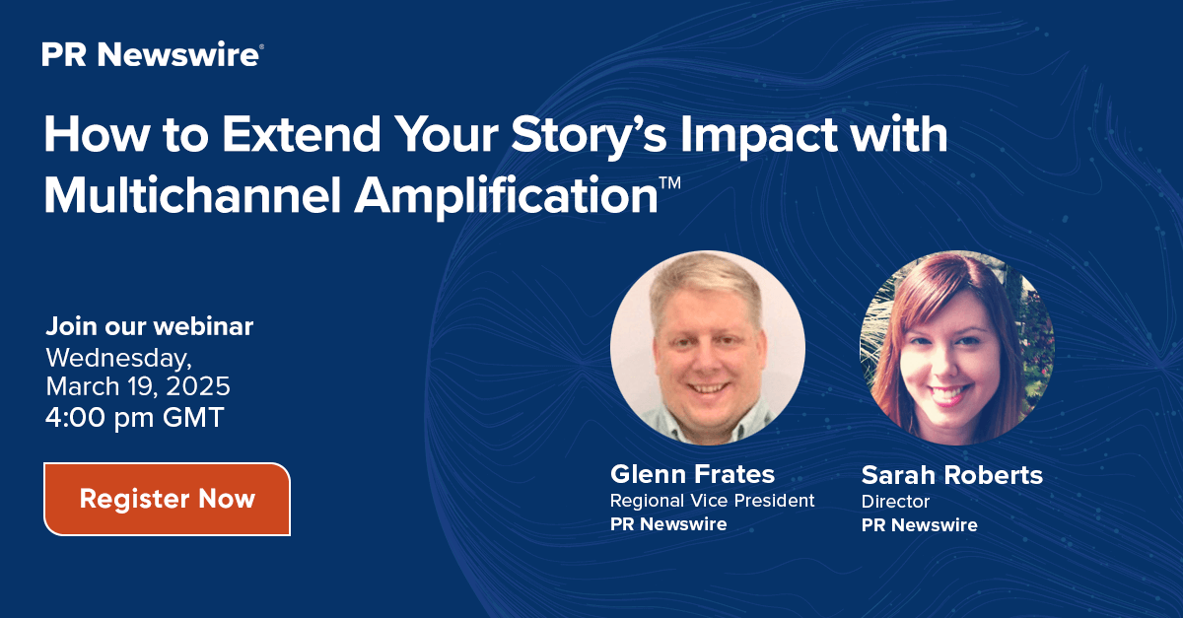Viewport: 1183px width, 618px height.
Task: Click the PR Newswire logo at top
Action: tap(153, 54)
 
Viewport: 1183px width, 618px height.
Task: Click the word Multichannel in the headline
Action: tap(192, 195)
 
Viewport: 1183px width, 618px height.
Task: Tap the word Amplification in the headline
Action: tap(506, 196)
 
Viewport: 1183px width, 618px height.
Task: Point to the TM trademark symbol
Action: tap(670, 182)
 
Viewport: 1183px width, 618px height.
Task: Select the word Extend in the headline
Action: tap(301, 135)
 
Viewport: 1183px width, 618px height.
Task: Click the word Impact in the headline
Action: tap(758, 136)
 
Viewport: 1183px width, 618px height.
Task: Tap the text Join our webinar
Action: tap(150, 326)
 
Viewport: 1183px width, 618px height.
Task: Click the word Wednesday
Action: tap(119, 358)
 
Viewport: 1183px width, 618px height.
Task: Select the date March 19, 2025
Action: tap(138, 386)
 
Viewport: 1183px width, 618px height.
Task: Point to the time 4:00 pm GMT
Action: tap(135, 417)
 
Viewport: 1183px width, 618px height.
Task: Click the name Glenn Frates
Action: tap(692, 474)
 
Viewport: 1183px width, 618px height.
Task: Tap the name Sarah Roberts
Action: tap(951, 475)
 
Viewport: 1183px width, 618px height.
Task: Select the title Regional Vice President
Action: tap(712, 500)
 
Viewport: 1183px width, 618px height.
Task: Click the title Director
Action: tap(895, 502)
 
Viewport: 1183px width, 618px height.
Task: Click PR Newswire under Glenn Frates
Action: tap(668, 524)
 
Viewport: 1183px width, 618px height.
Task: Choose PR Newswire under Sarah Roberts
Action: tap(919, 525)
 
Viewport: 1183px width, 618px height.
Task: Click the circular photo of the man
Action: tap(708, 348)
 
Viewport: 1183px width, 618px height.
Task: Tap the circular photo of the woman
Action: tap(957, 348)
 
